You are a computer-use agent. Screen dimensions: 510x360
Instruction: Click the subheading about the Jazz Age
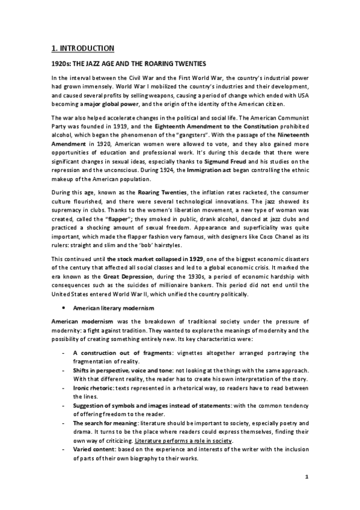pyautogui.click(x=128, y=63)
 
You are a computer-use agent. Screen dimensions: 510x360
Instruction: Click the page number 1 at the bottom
pyautogui.click(x=307, y=478)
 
